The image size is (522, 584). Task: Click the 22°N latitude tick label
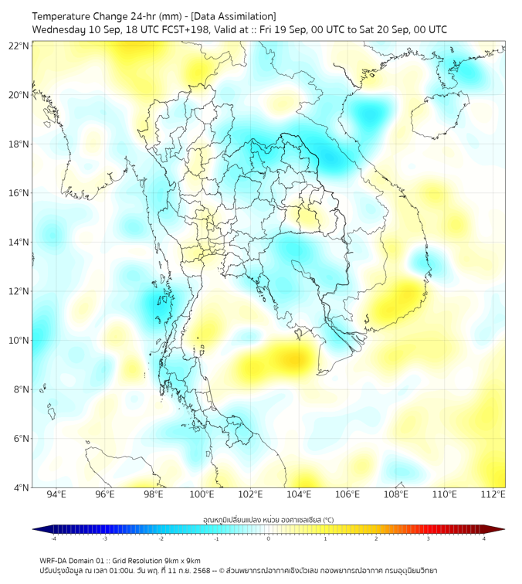point(19,46)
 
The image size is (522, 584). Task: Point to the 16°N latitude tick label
point(19,193)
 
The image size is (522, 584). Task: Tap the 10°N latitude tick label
point(19,341)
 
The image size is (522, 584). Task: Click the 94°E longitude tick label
point(56,494)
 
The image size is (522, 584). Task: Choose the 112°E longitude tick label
point(493,494)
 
